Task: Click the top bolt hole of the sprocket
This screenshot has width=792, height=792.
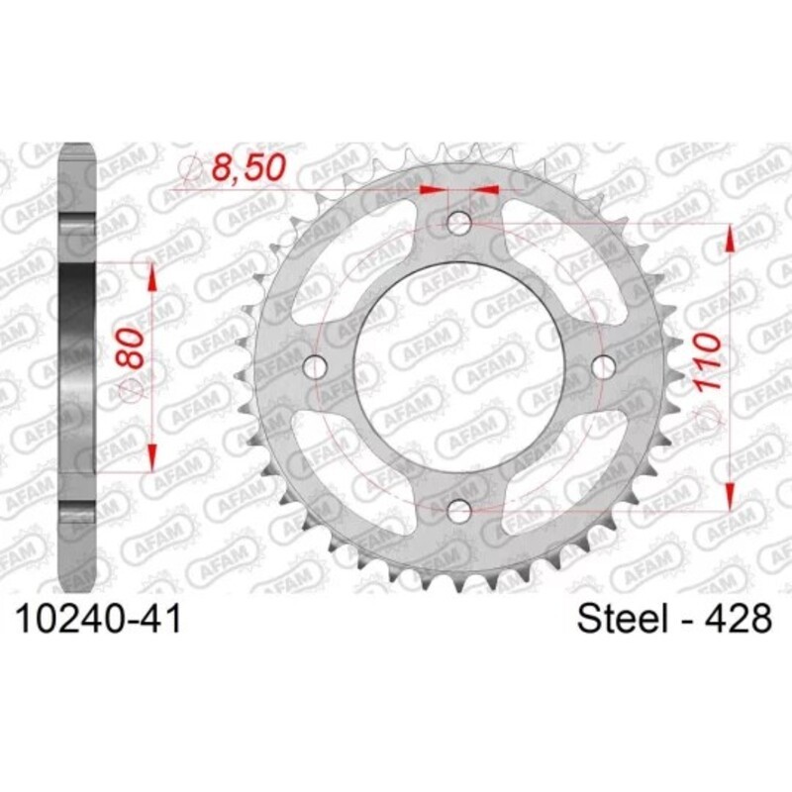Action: click(x=459, y=223)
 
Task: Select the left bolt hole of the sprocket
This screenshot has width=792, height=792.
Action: click(x=316, y=366)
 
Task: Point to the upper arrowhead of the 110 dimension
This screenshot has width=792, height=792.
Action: click(x=730, y=238)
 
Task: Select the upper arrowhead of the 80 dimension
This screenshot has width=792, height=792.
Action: click(x=152, y=276)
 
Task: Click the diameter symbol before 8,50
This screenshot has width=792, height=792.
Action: click(x=194, y=171)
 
